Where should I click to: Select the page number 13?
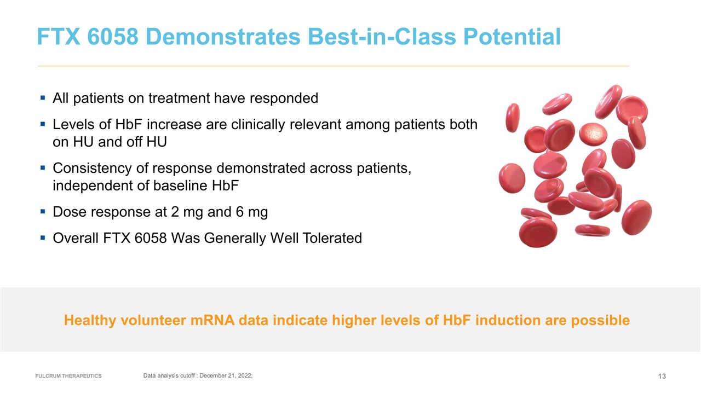tap(662, 376)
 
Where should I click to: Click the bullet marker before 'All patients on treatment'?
tap(43, 99)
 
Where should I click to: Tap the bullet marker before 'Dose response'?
tap(43, 212)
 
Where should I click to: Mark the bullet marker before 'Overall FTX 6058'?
tap(43, 238)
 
